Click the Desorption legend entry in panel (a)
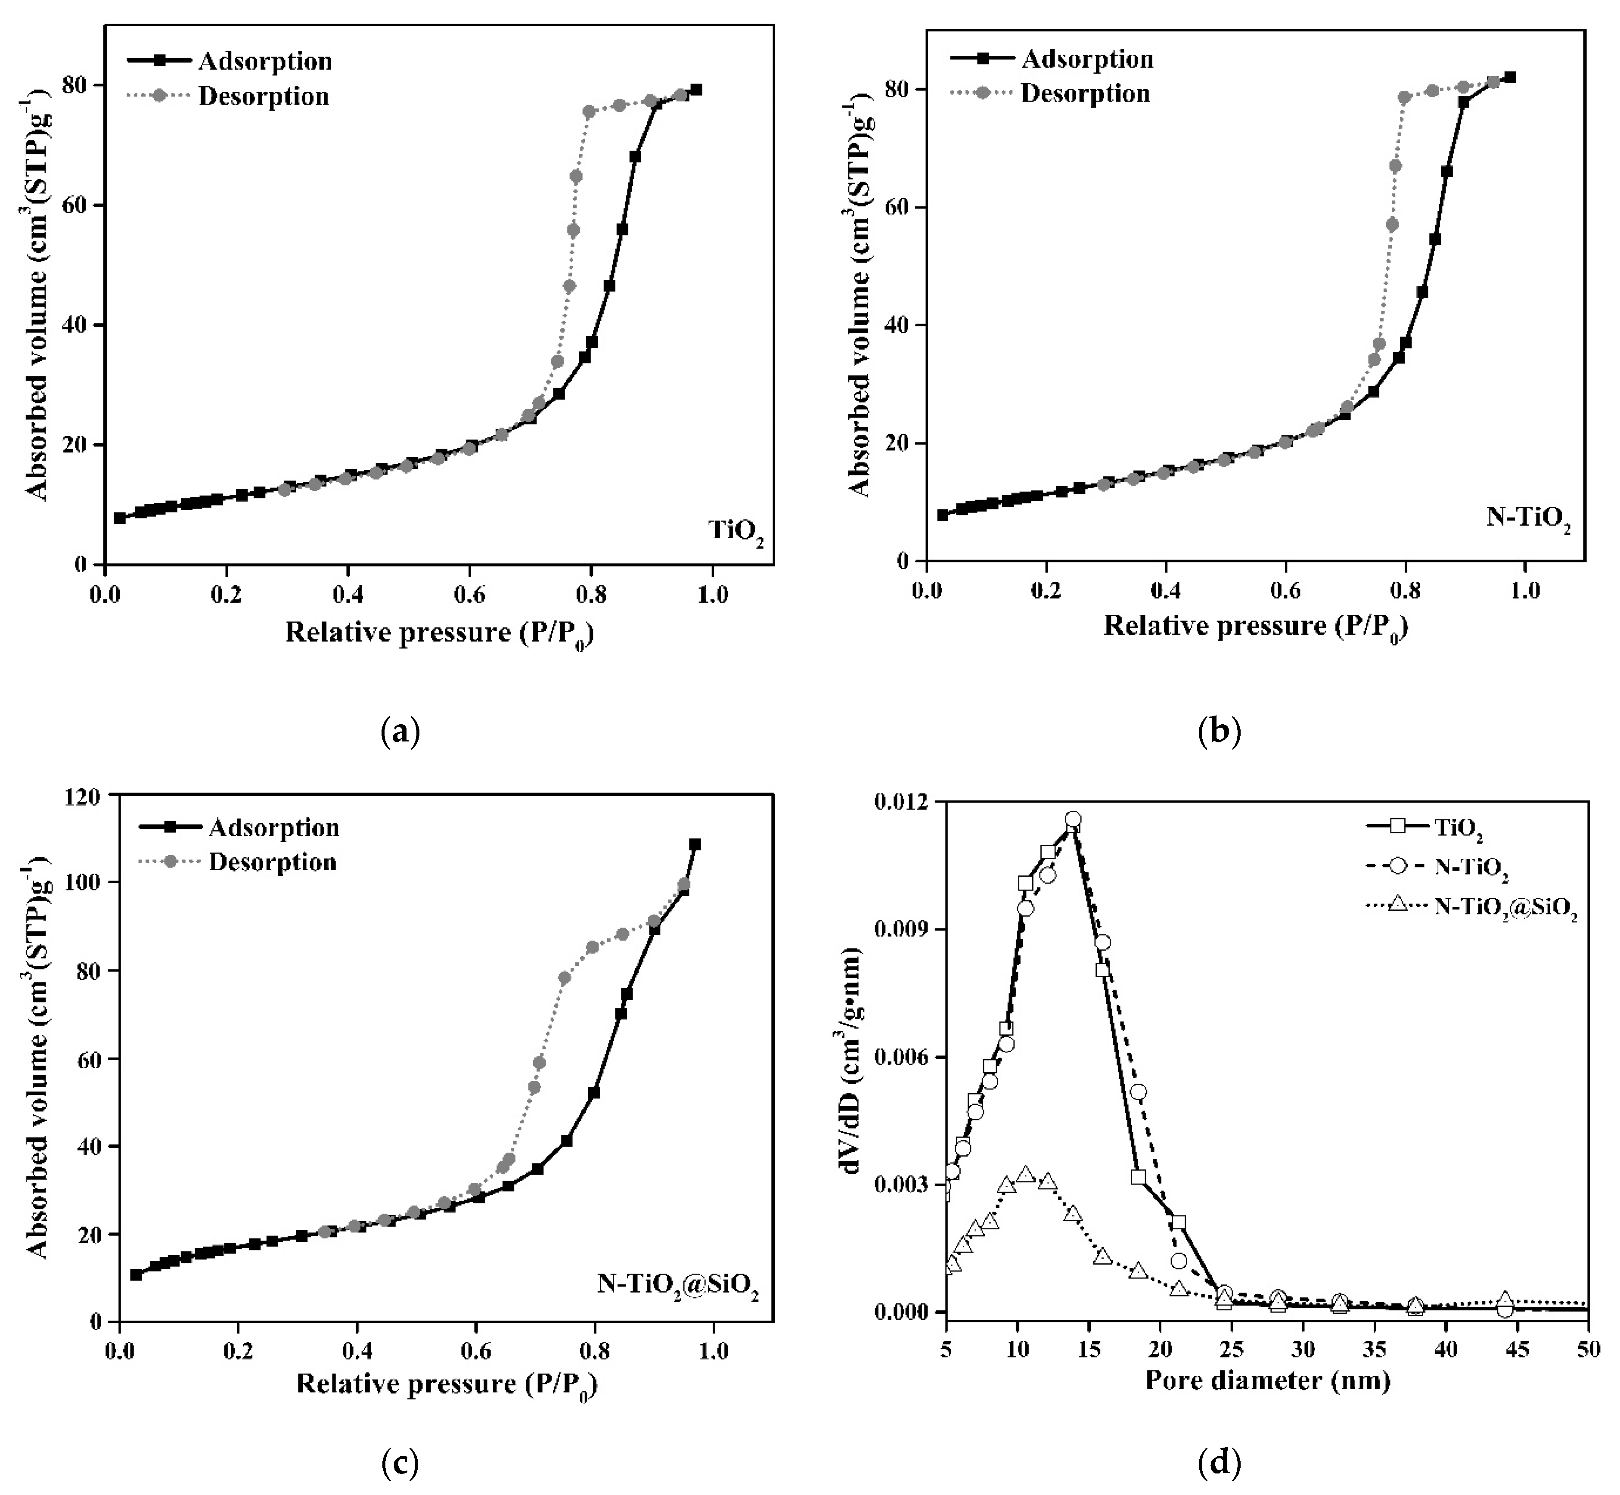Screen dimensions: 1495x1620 click(x=263, y=96)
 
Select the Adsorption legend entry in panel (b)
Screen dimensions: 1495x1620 click(x=1087, y=59)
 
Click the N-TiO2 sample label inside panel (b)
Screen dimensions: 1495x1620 click(x=1528, y=518)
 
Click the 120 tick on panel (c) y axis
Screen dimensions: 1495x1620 click(x=84, y=797)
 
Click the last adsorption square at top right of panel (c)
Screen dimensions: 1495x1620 click(x=694, y=844)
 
